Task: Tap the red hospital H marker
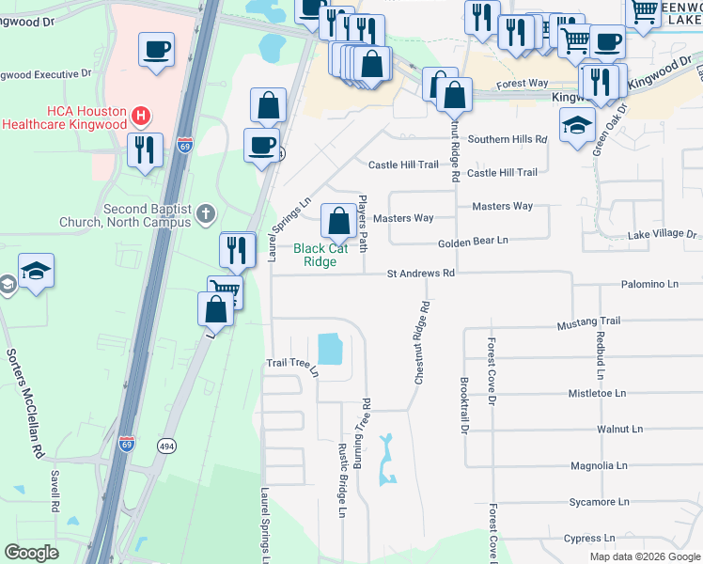click(x=141, y=117)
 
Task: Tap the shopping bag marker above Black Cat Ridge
click(x=338, y=222)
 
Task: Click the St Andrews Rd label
click(x=421, y=274)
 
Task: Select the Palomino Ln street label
click(x=649, y=283)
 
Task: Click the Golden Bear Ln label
click(x=473, y=241)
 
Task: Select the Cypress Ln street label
click(x=590, y=539)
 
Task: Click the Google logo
click(x=32, y=553)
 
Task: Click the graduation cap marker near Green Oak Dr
click(x=577, y=124)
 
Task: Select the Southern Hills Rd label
click(x=508, y=139)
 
